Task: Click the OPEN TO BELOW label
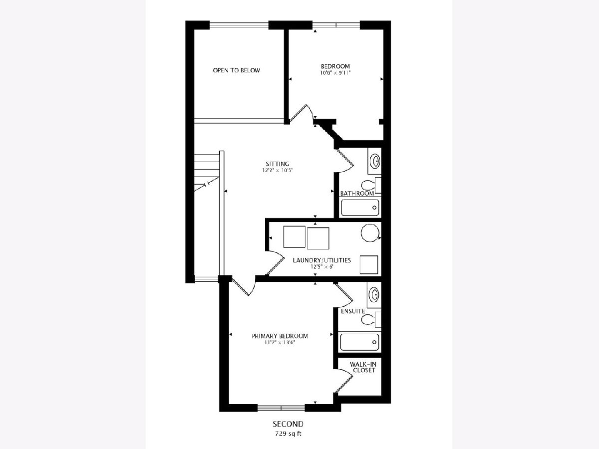point(236,70)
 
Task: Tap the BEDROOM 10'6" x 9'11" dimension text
point(335,73)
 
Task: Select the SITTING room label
point(278,164)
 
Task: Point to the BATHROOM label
point(357,194)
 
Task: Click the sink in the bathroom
point(375,161)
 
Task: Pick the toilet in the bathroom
point(371,186)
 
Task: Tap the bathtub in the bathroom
point(360,208)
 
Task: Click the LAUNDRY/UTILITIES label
point(322,260)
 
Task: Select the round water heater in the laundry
point(370,233)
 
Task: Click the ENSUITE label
point(353,311)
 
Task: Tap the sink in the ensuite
point(374,295)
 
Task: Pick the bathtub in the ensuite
point(360,342)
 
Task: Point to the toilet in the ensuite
point(371,320)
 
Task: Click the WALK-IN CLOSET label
point(363,367)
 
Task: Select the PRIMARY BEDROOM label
point(280,336)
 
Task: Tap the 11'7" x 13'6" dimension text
point(280,343)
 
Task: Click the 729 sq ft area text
point(288,434)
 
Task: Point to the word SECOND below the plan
point(288,424)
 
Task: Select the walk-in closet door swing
point(343,381)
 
